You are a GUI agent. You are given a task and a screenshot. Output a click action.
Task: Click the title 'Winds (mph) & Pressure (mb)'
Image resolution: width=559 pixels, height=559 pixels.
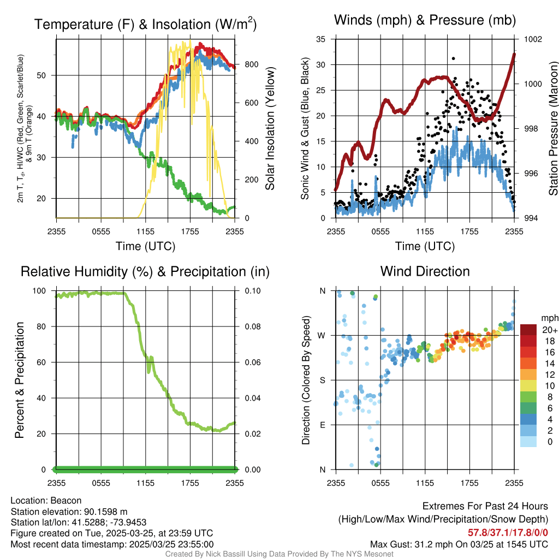425,20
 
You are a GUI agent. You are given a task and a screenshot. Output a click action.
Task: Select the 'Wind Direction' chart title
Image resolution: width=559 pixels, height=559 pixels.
425,271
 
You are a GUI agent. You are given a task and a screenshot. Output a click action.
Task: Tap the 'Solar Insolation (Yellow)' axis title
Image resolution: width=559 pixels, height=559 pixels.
270,129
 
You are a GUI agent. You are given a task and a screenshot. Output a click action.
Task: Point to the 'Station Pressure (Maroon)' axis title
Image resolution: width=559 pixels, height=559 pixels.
553,129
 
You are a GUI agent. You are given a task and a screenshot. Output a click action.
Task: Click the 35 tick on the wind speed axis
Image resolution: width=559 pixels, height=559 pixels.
321,39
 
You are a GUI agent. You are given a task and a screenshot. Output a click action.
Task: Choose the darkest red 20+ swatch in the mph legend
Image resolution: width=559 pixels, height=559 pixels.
529,330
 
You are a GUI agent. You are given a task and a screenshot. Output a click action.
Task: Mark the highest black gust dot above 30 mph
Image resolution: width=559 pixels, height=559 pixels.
453,58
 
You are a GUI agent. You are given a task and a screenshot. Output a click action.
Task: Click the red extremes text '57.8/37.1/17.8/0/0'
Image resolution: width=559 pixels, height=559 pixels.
508,532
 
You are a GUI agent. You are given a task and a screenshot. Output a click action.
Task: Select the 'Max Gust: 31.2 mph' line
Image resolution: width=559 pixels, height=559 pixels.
459,544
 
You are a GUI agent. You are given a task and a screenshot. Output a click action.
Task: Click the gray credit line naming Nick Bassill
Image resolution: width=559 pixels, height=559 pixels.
279,554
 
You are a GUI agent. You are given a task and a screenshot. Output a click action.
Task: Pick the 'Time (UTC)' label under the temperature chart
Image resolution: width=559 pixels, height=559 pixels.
145,246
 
